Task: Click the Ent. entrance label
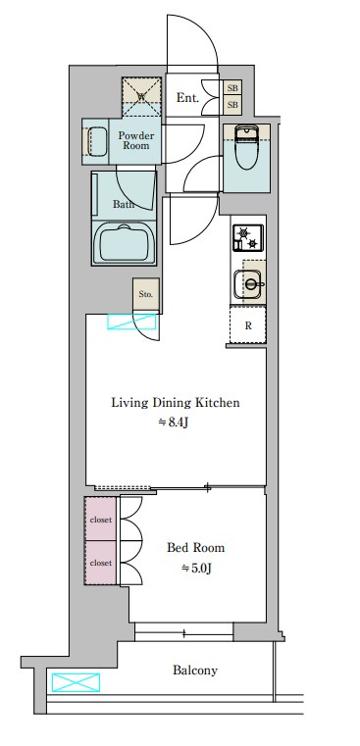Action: coord(187,97)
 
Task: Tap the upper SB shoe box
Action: coord(232,88)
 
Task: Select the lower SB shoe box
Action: coord(232,105)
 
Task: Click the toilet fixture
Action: coord(246,147)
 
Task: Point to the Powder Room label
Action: coord(136,140)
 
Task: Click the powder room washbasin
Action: coord(98,141)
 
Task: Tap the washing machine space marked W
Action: coord(141,97)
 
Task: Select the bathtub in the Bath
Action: coord(124,243)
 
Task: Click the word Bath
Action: coord(123,205)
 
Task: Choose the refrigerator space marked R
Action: coord(247,325)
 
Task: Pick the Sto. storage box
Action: coord(146,294)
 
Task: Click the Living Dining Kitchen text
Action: coord(176,403)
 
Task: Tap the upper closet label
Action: coord(101,520)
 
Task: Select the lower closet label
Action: coord(101,563)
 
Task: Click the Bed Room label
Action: coord(196,548)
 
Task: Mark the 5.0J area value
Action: coord(196,568)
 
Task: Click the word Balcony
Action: coord(195,671)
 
